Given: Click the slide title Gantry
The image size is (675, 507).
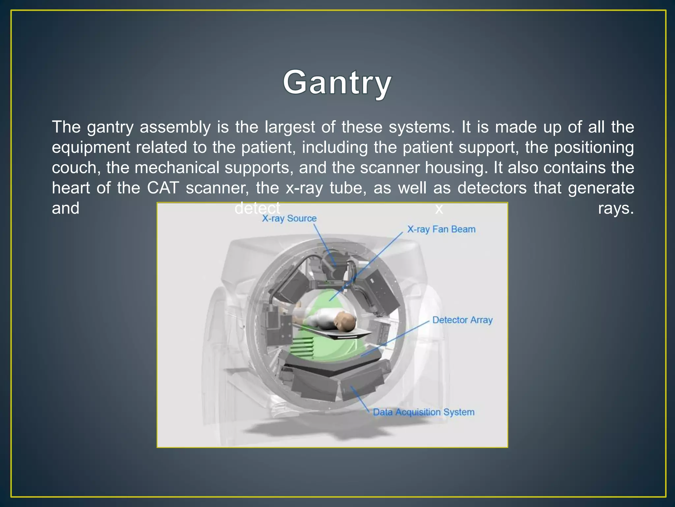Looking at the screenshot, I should pyautogui.click(x=337, y=83).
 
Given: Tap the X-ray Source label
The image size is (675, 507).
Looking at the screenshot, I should pyautogui.click(x=289, y=219).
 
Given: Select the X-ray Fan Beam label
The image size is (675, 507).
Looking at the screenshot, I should pyautogui.click(x=441, y=229).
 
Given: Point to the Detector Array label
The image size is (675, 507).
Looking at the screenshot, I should pyautogui.click(x=462, y=320).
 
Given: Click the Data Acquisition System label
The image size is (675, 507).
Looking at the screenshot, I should pyautogui.click(x=424, y=412).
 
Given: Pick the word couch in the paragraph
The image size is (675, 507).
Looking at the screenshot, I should pyautogui.click(x=76, y=168).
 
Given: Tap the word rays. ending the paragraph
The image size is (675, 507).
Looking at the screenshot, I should pyautogui.click(x=616, y=209).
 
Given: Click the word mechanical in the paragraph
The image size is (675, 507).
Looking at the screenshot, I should pyautogui.click(x=177, y=168).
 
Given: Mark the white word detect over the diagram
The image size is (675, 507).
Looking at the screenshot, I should pyautogui.click(x=257, y=208).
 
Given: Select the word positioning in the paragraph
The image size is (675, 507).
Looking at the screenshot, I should pyautogui.click(x=594, y=148).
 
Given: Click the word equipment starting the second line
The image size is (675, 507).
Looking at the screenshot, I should pyautogui.click(x=91, y=148).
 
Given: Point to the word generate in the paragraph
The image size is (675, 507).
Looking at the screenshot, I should pyautogui.click(x=601, y=188).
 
